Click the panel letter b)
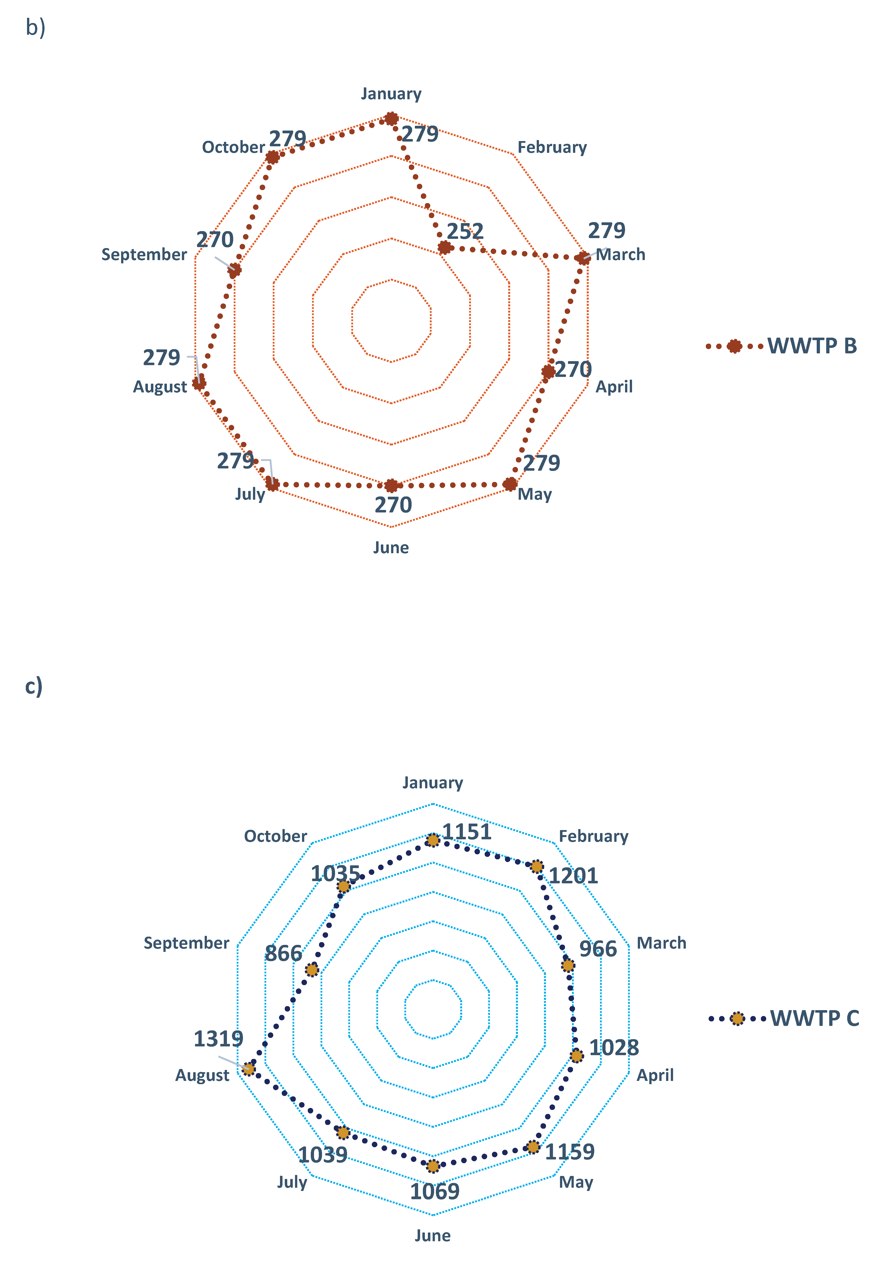[x=35, y=27]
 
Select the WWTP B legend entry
[x=781, y=346]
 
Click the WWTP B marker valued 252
[x=444, y=248]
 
